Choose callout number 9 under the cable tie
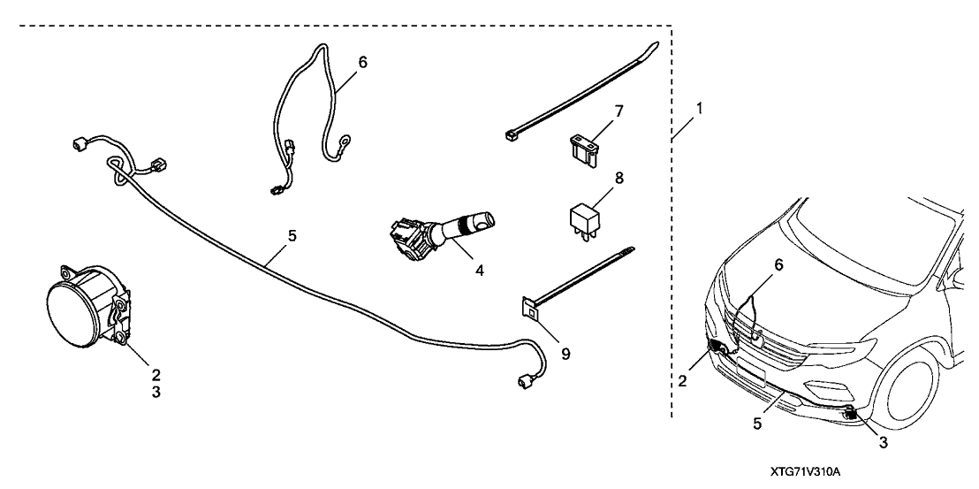[565, 354]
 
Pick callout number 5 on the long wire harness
[292, 237]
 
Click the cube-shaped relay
[584, 217]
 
